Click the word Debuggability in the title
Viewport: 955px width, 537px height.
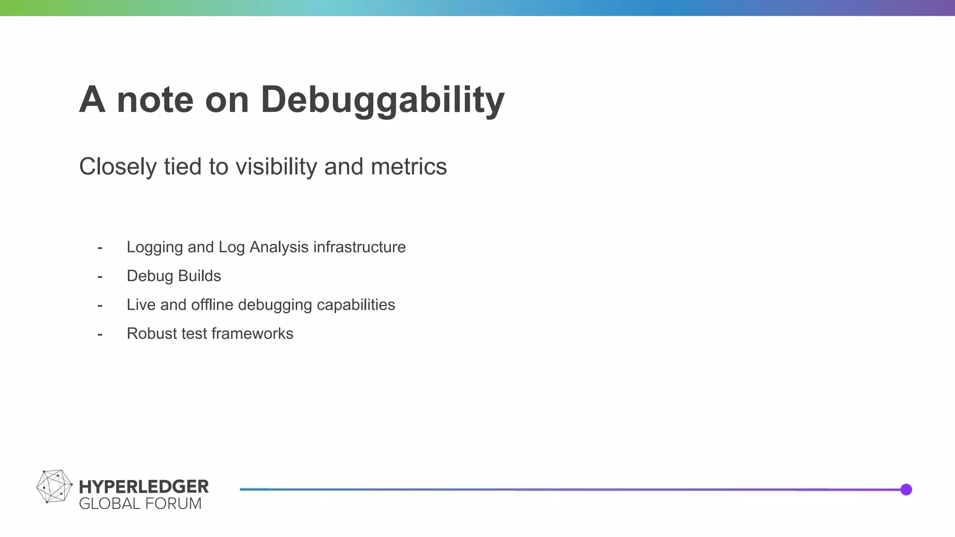(x=382, y=100)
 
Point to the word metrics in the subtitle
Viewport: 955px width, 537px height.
(x=408, y=167)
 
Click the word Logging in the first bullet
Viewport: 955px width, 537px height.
(x=154, y=247)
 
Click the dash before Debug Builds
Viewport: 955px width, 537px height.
(x=100, y=276)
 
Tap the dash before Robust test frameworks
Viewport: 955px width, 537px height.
(x=100, y=334)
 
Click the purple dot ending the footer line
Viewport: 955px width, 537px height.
(x=906, y=489)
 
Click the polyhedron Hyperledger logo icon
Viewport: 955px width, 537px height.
(x=54, y=487)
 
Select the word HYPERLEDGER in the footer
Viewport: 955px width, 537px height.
(x=144, y=487)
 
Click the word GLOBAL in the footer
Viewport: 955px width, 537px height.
(x=110, y=504)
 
